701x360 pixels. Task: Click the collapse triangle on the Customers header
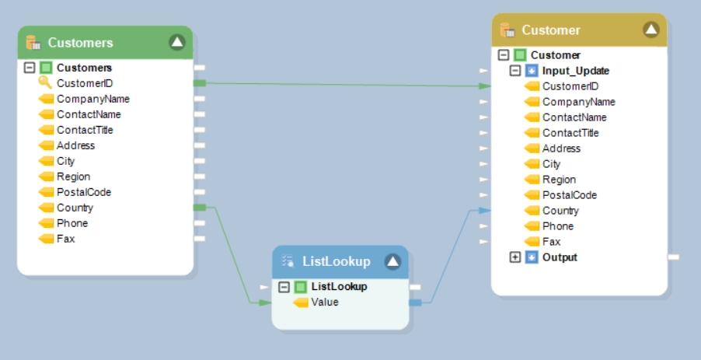coord(177,43)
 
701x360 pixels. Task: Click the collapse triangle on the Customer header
coord(651,30)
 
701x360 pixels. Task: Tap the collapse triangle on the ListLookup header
coord(392,262)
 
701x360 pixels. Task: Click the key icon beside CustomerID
coord(44,83)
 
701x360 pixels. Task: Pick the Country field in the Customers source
coord(75,208)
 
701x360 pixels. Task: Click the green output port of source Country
coord(200,208)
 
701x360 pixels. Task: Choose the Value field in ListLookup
coord(324,302)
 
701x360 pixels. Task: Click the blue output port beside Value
coord(415,302)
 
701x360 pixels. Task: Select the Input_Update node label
coord(576,71)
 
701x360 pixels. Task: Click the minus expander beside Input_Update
coord(515,71)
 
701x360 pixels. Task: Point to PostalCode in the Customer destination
coord(569,195)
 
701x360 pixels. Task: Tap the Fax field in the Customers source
coord(66,239)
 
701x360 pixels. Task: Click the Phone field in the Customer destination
coord(558,226)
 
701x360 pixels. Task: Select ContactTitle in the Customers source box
coord(85,130)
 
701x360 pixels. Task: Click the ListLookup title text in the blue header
coord(336,262)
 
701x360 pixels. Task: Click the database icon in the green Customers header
coord(33,43)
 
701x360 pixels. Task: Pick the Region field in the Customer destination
coord(559,180)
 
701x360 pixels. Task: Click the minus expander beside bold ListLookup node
coord(284,287)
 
